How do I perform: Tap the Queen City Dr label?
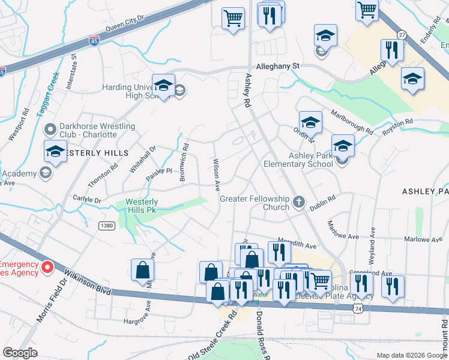[125, 24]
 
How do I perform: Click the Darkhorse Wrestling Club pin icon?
[50, 129]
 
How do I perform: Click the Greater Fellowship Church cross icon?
[300, 202]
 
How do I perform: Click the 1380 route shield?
[106, 226]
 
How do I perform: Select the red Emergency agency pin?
[46, 268]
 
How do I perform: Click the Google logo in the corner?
[20, 353]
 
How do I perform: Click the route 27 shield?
[402, 35]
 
